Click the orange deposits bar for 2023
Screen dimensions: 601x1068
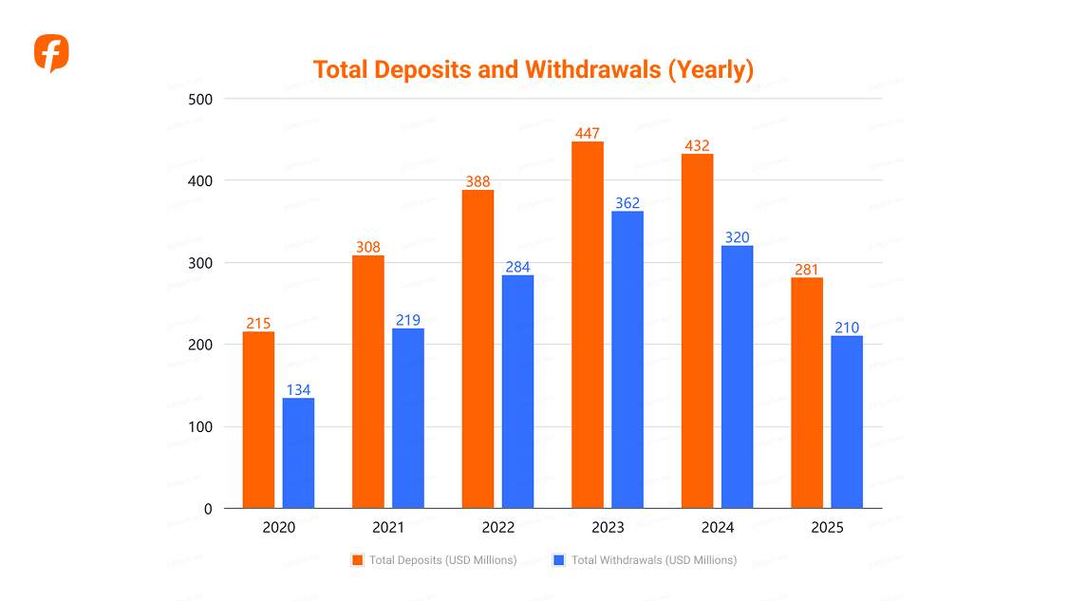[x=587, y=325]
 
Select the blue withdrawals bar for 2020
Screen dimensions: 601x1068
[x=298, y=453]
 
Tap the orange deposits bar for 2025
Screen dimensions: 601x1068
[x=807, y=392]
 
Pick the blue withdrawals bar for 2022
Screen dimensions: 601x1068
[x=517, y=391]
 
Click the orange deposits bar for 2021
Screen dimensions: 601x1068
[x=367, y=382]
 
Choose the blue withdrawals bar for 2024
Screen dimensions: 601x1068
[x=737, y=377]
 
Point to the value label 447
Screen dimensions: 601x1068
[x=587, y=134]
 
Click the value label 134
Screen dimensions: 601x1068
[x=298, y=390]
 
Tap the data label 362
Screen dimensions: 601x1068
[x=628, y=203]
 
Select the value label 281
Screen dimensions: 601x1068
[x=807, y=270]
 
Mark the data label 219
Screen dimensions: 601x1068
[x=408, y=321]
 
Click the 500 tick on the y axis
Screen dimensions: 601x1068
[x=200, y=99]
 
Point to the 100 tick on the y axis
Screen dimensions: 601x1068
[x=200, y=427]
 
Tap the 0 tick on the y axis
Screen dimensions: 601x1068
[x=208, y=509]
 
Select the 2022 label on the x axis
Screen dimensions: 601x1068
[x=498, y=528]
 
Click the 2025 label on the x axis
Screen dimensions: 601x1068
[x=827, y=528]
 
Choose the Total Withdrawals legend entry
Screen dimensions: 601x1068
[x=645, y=560]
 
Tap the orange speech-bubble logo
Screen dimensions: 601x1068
[x=51, y=53]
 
